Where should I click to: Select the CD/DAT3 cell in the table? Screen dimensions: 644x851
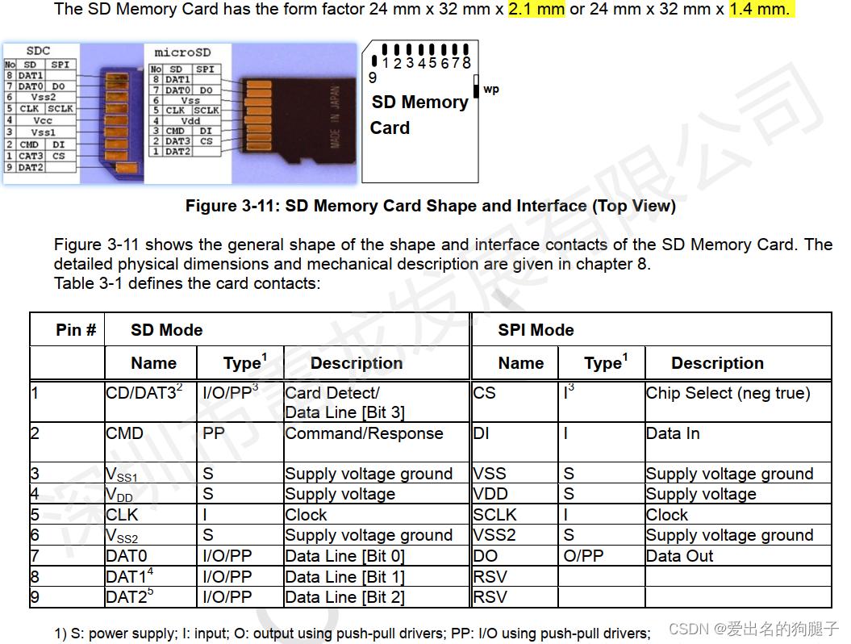point(144,393)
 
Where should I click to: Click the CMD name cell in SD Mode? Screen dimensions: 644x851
point(125,433)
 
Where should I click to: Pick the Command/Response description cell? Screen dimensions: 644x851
point(364,433)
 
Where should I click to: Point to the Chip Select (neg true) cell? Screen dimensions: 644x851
point(728,393)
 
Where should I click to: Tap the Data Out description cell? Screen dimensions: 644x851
point(679,556)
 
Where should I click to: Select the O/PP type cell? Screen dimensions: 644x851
point(583,556)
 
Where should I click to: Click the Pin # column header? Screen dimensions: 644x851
point(76,330)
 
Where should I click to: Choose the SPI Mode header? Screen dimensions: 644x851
point(536,330)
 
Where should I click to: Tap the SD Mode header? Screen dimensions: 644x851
point(166,330)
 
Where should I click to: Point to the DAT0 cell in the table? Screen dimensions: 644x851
point(127,556)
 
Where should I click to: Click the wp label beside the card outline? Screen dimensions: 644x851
point(491,89)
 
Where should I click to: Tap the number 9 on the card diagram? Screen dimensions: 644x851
point(373,78)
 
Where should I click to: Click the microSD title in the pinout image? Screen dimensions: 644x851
point(183,52)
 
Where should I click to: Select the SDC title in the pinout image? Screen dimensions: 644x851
point(39,51)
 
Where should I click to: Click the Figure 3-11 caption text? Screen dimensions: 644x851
point(430,206)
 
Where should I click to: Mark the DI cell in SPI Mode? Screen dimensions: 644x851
point(482,433)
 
